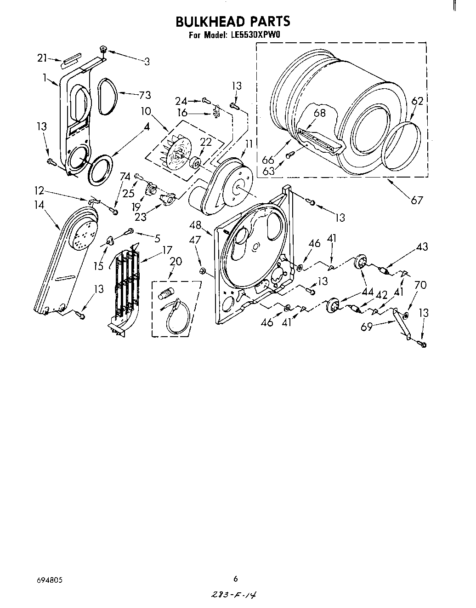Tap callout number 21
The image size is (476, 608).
coord(42,58)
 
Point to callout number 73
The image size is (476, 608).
coord(145,95)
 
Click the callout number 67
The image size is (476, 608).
coord(417,200)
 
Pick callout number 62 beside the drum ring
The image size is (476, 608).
coord(417,101)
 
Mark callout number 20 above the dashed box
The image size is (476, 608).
coord(176,261)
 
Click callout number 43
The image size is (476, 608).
coord(421,247)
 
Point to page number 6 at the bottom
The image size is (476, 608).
coord(236,579)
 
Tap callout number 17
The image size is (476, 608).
coord(166,250)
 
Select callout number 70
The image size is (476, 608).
coord(420,285)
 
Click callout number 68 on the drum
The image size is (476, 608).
coord(320,112)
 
